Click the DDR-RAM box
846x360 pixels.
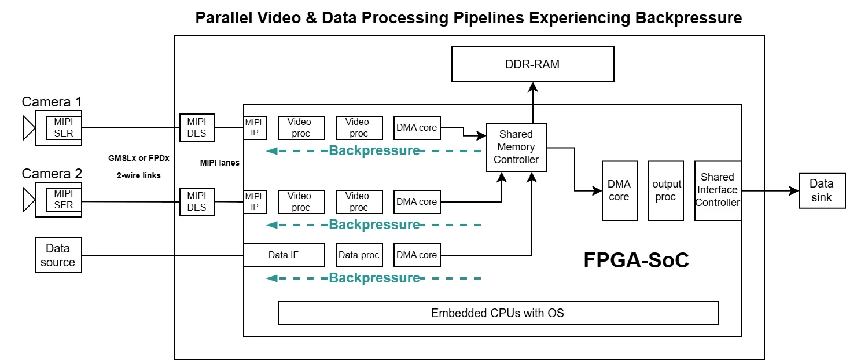pyautogui.click(x=532, y=64)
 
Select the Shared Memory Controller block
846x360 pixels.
pyautogui.click(x=516, y=147)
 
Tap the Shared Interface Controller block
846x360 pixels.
pyautogui.click(x=718, y=190)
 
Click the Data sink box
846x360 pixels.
pyautogui.click(x=821, y=190)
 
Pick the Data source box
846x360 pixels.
pyautogui.click(x=58, y=255)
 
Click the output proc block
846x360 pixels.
pyautogui.click(x=666, y=190)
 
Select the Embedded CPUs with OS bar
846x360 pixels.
pyautogui.click(x=498, y=313)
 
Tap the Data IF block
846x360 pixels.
pyautogui.click(x=284, y=255)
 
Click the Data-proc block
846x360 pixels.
pyautogui.click(x=359, y=255)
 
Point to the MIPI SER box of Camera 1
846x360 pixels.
pyautogui.click(x=64, y=128)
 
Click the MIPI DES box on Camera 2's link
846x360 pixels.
pyautogui.click(x=197, y=201)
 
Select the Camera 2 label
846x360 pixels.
pyautogui.click(x=52, y=174)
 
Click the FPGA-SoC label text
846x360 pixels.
pyautogui.click(x=636, y=260)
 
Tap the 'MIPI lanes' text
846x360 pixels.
pyautogui.click(x=220, y=163)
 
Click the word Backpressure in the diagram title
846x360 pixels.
pyautogui.click(x=689, y=17)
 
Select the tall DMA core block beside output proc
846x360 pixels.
pyautogui.click(x=619, y=190)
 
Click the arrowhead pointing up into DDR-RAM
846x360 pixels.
pyautogui.click(x=532, y=87)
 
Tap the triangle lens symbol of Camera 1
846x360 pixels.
pyautogui.click(x=28, y=128)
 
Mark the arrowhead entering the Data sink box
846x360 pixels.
pyautogui.click(x=793, y=190)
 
